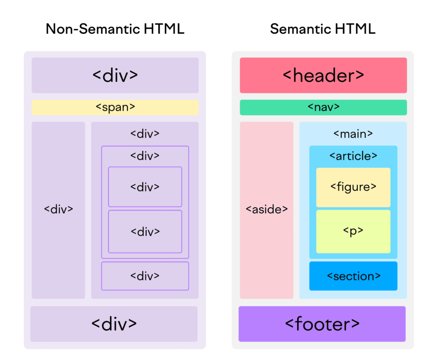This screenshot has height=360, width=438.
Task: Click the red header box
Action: point(323,75)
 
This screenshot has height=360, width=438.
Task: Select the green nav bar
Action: point(323,107)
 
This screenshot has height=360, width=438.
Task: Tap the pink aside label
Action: point(267,209)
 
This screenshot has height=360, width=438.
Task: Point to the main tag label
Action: point(353,134)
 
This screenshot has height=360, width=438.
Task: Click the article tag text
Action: point(353,156)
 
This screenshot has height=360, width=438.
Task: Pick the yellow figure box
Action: point(353,187)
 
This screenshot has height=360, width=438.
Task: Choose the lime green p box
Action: point(353,231)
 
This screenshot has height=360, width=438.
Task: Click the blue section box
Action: point(353,276)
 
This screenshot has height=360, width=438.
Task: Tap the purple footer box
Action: point(322,324)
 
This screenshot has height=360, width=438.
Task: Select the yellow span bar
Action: point(115,107)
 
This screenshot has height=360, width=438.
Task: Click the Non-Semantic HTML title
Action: point(115,29)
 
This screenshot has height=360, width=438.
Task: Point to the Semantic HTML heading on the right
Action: point(323,29)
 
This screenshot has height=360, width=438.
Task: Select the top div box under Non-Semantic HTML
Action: point(115,75)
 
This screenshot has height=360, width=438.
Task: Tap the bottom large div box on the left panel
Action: point(114,324)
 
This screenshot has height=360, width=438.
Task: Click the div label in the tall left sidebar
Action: point(59,209)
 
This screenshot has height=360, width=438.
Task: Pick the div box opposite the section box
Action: point(145,276)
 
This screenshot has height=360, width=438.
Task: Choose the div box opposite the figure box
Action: point(145,187)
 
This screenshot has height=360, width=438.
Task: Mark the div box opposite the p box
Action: point(145,232)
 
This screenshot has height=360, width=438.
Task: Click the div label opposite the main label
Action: point(145,134)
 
